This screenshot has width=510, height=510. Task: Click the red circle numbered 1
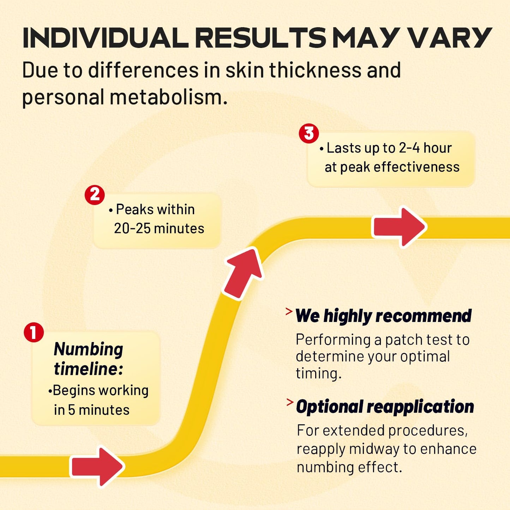(34, 332)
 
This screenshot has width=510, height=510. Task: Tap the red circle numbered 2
(95, 195)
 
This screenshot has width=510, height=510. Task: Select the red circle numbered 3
(309, 133)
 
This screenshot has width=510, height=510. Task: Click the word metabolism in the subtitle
(169, 97)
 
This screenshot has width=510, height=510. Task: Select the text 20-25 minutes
(159, 228)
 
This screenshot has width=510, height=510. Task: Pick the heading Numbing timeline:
(88, 359)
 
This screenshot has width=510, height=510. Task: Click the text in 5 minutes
(91, 410)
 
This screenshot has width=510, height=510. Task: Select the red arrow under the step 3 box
(399, 227)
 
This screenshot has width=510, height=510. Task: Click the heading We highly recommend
(383, 316)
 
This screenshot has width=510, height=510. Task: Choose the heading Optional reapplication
(385, 407)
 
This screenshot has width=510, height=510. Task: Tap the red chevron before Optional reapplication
(290, 403)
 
